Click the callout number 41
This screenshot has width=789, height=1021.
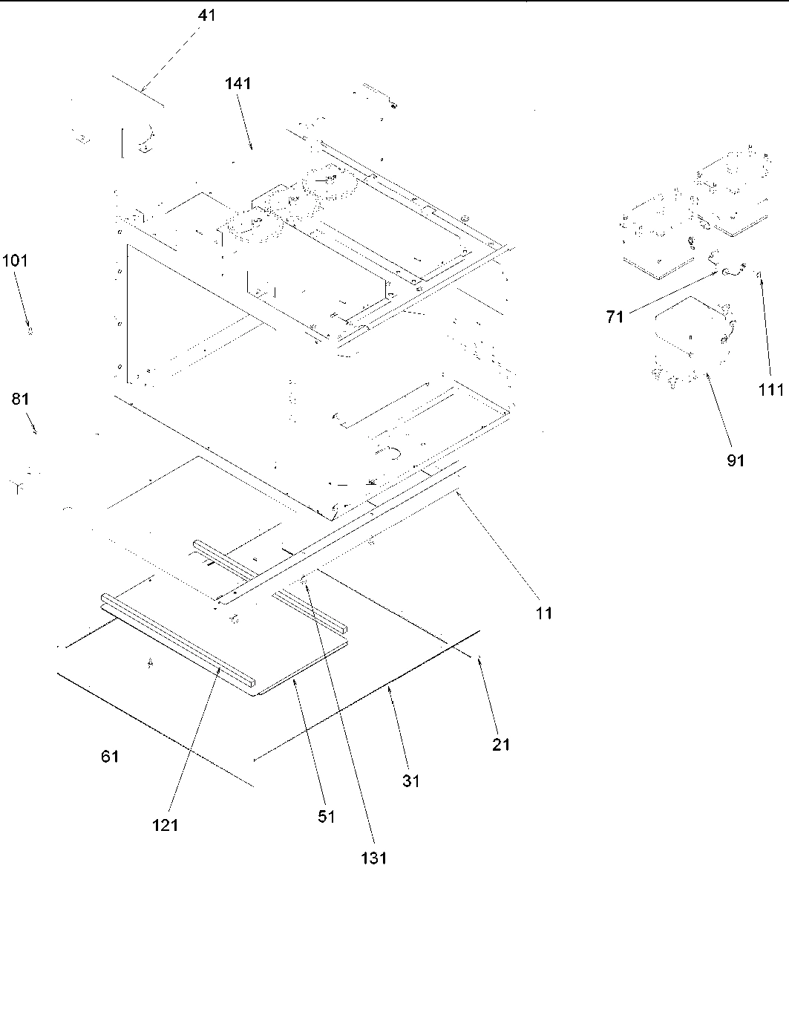(206, 15)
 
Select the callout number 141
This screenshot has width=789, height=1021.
(238, 84)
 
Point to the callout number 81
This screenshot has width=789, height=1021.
(20, 399)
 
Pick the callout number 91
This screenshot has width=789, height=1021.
(735, 460)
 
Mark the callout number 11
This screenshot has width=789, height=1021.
(544, 613)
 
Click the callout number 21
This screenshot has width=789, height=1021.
(502, 744)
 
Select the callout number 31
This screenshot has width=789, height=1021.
(410, 780)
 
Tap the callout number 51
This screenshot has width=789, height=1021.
(326, 817)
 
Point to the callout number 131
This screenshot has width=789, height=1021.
(374, 858)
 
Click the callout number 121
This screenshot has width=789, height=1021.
(165, 824)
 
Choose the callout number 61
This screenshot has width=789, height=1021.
(110, 757)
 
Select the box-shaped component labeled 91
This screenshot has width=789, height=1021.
(687, 343)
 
